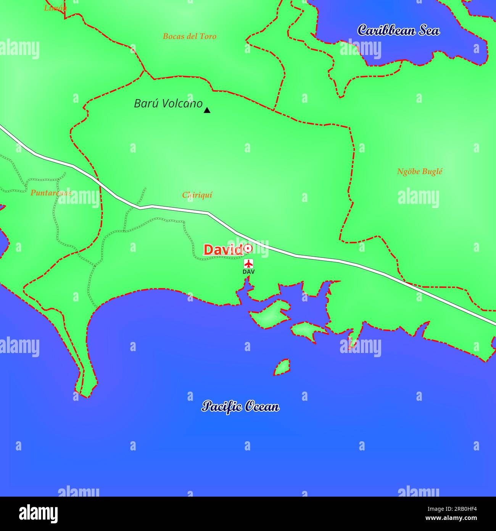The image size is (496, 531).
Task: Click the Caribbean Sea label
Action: (398, 30)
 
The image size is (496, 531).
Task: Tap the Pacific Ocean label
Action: (240, 406)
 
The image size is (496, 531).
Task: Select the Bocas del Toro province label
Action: (189, 36)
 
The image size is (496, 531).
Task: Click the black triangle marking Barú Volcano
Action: (207, 110)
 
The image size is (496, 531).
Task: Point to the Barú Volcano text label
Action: (168, 104)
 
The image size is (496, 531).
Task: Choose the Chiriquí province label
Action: (197, 195)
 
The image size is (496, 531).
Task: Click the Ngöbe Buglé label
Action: (419, 172)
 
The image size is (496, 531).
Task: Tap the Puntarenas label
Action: (51, 193)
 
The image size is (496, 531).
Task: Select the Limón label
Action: (55, 8)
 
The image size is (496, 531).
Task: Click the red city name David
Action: (223, 249)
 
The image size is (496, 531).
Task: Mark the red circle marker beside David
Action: (248, 248)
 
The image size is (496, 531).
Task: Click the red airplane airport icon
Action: (248, 264)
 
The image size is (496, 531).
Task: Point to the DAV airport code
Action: (248, 272)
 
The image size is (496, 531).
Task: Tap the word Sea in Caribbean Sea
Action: (429, 30)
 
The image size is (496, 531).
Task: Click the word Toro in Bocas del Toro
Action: (207, 36)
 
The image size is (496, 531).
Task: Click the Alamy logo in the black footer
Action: (38, 514)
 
